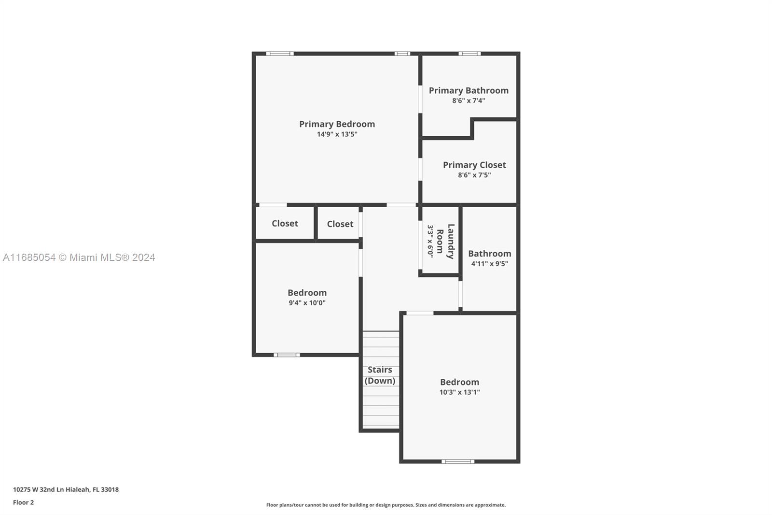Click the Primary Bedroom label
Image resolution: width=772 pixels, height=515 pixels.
point(337,124)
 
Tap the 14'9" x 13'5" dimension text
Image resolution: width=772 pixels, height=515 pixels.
point(337,134)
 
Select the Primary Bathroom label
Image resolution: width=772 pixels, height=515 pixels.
point(469,90)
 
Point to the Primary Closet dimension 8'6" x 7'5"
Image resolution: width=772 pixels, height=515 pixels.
point(474,175)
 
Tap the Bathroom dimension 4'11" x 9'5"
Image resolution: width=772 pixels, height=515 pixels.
point(489,264)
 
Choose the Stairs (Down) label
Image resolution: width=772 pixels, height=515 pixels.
point(380,375)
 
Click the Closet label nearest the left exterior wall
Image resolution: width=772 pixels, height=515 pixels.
point(285,223)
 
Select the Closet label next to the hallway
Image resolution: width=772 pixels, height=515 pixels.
point(340,224)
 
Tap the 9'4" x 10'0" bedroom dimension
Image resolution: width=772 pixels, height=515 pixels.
point(307,303)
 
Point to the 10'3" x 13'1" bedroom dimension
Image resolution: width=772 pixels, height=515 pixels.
point(459,392)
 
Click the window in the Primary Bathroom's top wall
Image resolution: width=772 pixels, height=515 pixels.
point(469,54)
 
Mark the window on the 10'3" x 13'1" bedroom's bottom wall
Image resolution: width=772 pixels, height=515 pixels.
point(458,461)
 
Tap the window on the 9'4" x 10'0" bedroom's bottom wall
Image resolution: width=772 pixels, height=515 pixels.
point(287,355)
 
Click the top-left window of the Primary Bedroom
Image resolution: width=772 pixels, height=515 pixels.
point(280,54)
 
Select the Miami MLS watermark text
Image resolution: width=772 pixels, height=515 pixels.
point(79,257)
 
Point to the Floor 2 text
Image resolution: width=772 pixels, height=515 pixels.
point(24,502)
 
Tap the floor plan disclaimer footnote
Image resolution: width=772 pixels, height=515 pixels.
point(386,505)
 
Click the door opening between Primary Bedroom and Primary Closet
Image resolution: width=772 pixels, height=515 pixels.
point(420,169)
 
